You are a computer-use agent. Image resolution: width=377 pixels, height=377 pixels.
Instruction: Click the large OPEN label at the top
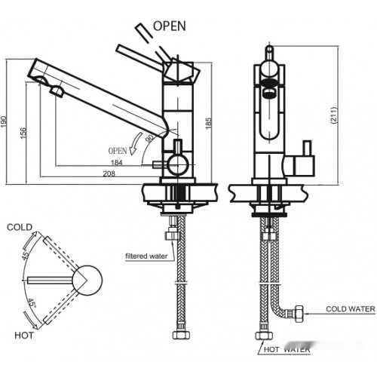coord(170,26)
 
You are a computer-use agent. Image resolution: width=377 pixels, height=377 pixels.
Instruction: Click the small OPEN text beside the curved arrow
coord(118,151)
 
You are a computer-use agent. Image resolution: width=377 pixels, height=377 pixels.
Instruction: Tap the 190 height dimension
coord(4,121)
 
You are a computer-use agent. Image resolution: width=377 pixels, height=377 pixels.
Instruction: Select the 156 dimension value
coord(23,133)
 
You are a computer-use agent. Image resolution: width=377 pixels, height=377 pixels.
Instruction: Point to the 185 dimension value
coord(209,123)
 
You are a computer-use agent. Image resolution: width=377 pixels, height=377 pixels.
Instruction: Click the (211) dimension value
coord(334,115)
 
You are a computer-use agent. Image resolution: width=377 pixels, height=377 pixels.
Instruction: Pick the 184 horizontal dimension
coord(117,163)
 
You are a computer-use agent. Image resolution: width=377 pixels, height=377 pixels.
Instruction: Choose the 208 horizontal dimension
coord(109,173)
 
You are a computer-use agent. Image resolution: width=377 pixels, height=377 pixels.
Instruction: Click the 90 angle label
coord(150,138)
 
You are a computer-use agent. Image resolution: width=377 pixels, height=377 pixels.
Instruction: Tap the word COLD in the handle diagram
coord(20,227)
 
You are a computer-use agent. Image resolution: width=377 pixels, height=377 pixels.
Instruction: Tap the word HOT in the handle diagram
coord(24,336)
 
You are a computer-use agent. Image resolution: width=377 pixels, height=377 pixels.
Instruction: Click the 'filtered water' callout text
coord(146,256)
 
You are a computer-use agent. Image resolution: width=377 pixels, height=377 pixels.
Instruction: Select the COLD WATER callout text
coord(351,309)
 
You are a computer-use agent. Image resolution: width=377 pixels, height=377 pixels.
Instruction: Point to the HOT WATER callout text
coord(287,349)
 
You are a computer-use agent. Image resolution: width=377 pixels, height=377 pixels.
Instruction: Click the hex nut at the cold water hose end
coord(299,314)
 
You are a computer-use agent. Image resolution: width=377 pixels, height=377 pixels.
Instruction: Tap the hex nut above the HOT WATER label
coord(264,336)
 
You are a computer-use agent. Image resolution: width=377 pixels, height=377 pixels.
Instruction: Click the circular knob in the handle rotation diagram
coord(87,280)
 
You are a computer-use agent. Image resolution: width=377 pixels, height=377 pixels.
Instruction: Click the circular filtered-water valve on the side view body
coord(178,165)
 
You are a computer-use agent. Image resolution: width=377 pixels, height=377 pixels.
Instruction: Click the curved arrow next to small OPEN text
coord(135,143)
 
